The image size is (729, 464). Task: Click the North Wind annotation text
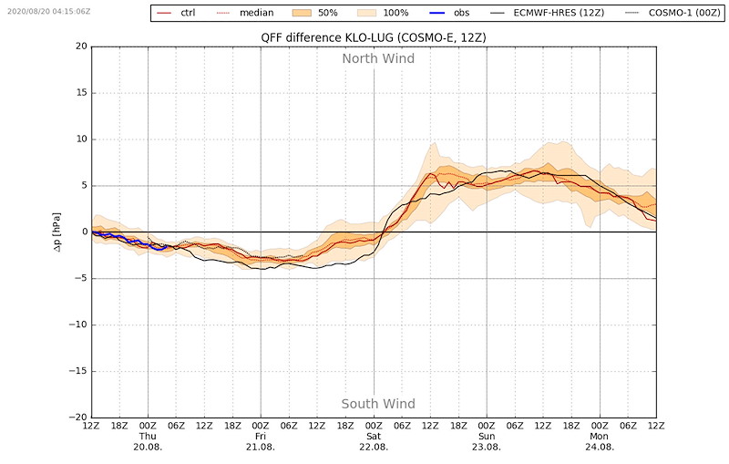click(378, 58)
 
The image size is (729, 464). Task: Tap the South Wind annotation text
click(378, 404)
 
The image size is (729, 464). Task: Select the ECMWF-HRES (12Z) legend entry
click(566, 13)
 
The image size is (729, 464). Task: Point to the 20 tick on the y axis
click(80, 46)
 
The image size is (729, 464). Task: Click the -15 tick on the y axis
click(77, 371)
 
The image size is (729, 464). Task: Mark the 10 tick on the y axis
click(80, 139)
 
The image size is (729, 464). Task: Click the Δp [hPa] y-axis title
click(58, 232)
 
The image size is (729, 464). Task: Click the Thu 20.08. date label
click(148, 440)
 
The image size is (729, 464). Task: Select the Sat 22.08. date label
click(374, 440)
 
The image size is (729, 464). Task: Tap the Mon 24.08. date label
click(600, 440)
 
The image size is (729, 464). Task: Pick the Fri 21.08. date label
click(261, 440)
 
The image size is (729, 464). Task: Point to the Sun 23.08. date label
click(487, 440)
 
